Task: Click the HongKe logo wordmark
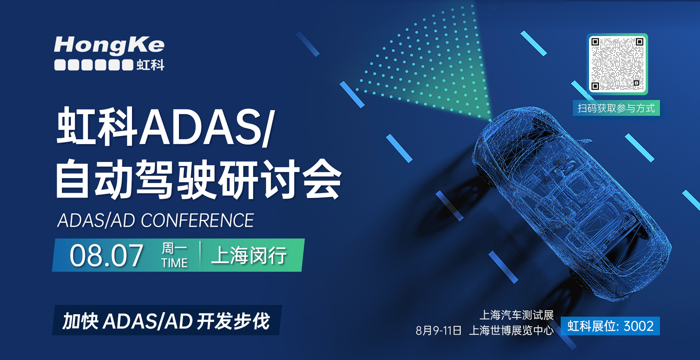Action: coord(109,45)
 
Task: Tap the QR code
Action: coord(617,64)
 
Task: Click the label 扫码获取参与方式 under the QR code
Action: coord(616,108)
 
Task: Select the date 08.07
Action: coord(106,256)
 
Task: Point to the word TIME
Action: coord(174,263)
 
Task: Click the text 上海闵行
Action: coord(249,256)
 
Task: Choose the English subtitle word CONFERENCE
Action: coord(197,221)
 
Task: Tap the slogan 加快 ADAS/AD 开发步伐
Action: coord(166,321)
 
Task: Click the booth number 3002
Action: coord(638,326)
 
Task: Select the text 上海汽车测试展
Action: coord(516,315)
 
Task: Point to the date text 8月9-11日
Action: coord(438,331)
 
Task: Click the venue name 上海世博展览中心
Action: coord(511,331)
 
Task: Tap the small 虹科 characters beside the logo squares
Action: coord(151,65)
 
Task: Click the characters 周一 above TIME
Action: coord(174,248)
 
